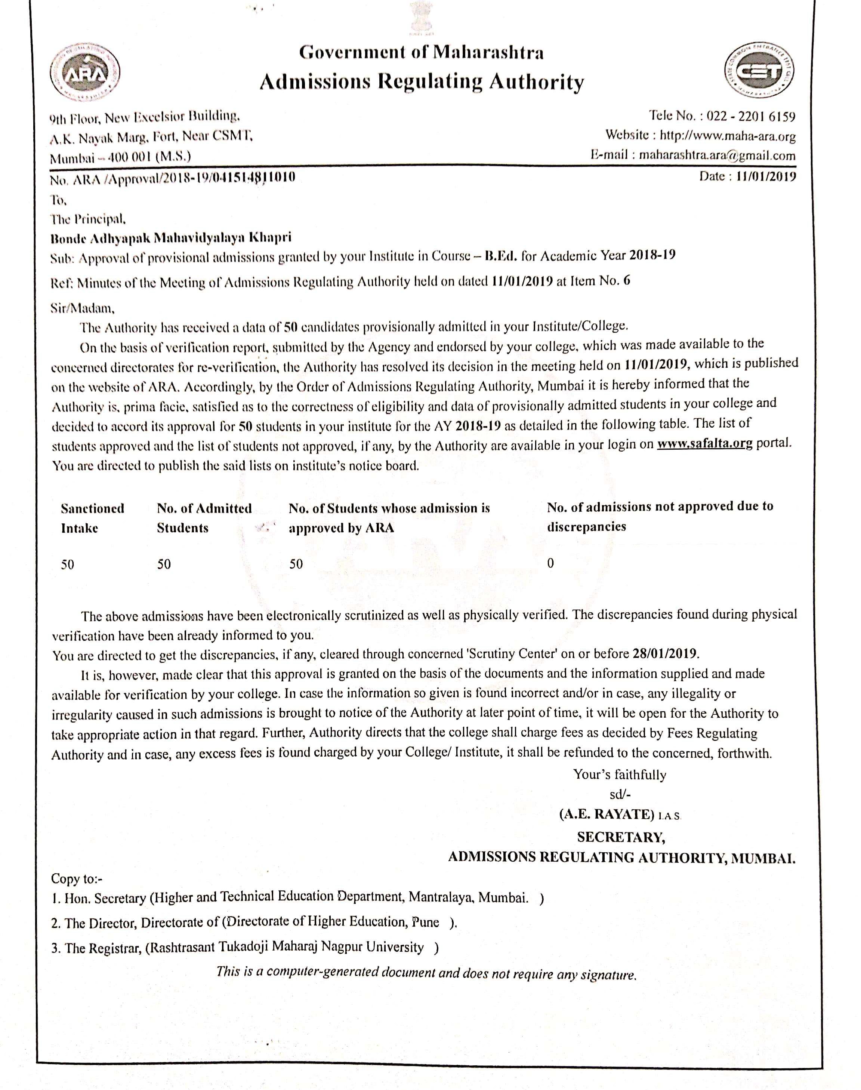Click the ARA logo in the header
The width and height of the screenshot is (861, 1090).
pyautogui.click(x=85, y=74)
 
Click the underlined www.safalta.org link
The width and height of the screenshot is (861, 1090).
pyautogui.click(x=704, y=444)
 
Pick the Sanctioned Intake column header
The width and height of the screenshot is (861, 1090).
pyautogui.click(x=92, y=518)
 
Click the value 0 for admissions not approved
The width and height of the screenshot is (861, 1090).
pyautogui.click(x=550, y=563)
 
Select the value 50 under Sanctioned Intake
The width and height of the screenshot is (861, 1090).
pyautogui.click(x=68, y=564)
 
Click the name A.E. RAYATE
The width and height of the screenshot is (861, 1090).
pyautogui.click(x=607, y=814)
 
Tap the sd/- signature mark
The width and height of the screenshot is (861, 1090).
pyautogui.click(x=620, y=795)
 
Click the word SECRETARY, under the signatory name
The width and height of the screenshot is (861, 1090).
pyautogui.click(x=621, y=837)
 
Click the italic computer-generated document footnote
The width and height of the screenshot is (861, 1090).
pyautogui.click(x=426, y=973)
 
